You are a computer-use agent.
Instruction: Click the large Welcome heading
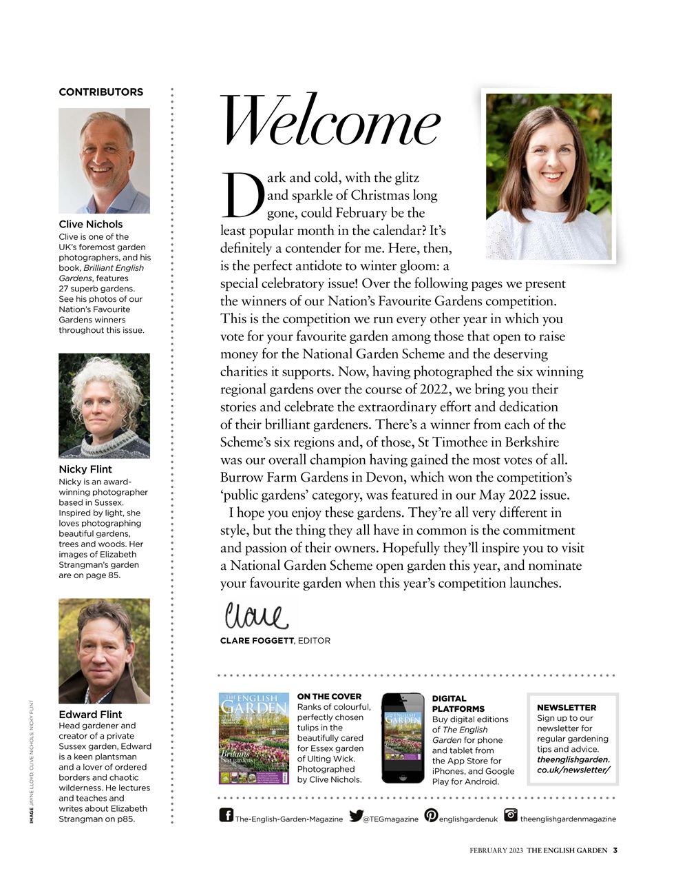pos(329,123)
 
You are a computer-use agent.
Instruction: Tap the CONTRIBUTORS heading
pos(101,92)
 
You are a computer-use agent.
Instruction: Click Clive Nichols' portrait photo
pos(104,161)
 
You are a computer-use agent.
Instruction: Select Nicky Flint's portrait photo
pos(104,406)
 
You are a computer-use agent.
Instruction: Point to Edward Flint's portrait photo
pos(104,650)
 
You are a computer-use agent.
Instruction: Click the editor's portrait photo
pos(549,176)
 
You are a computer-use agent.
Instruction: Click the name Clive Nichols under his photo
pos(91,224)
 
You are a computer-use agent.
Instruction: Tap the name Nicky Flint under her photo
pos(85,469)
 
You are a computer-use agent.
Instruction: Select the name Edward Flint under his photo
pos(90,715)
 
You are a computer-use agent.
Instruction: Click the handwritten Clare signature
pos(255,615)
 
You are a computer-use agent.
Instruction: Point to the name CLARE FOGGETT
pos(257,641)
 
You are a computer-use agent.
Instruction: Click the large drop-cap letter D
pos(242,194)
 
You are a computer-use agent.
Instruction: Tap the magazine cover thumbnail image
pos(254,739)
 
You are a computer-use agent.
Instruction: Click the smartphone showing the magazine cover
pos(403,738)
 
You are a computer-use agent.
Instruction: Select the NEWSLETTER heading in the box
pos(567,708)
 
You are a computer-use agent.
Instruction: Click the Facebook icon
pos(226,815)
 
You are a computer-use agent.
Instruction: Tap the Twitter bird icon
pos(356,816)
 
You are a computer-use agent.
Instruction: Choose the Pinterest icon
pos(431,815)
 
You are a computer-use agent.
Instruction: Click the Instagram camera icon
pos(511,815)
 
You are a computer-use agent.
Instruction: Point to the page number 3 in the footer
pos(615,850)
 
